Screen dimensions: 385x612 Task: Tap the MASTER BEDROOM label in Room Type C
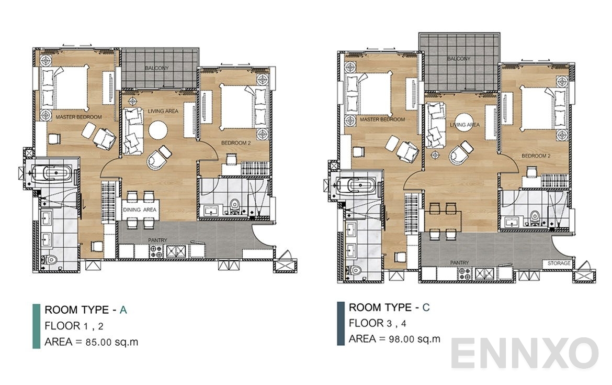(382, 119)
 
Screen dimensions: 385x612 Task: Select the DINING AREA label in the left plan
(140, 210)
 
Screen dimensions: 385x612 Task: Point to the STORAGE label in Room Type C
(559, 263)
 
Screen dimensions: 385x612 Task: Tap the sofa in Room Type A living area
(132, 131)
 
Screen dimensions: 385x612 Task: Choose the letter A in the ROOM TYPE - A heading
(123, 310)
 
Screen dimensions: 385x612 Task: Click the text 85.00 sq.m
(112, 343)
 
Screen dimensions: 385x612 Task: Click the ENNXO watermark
(524, 353)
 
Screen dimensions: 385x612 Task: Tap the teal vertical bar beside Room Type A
(36, 326)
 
